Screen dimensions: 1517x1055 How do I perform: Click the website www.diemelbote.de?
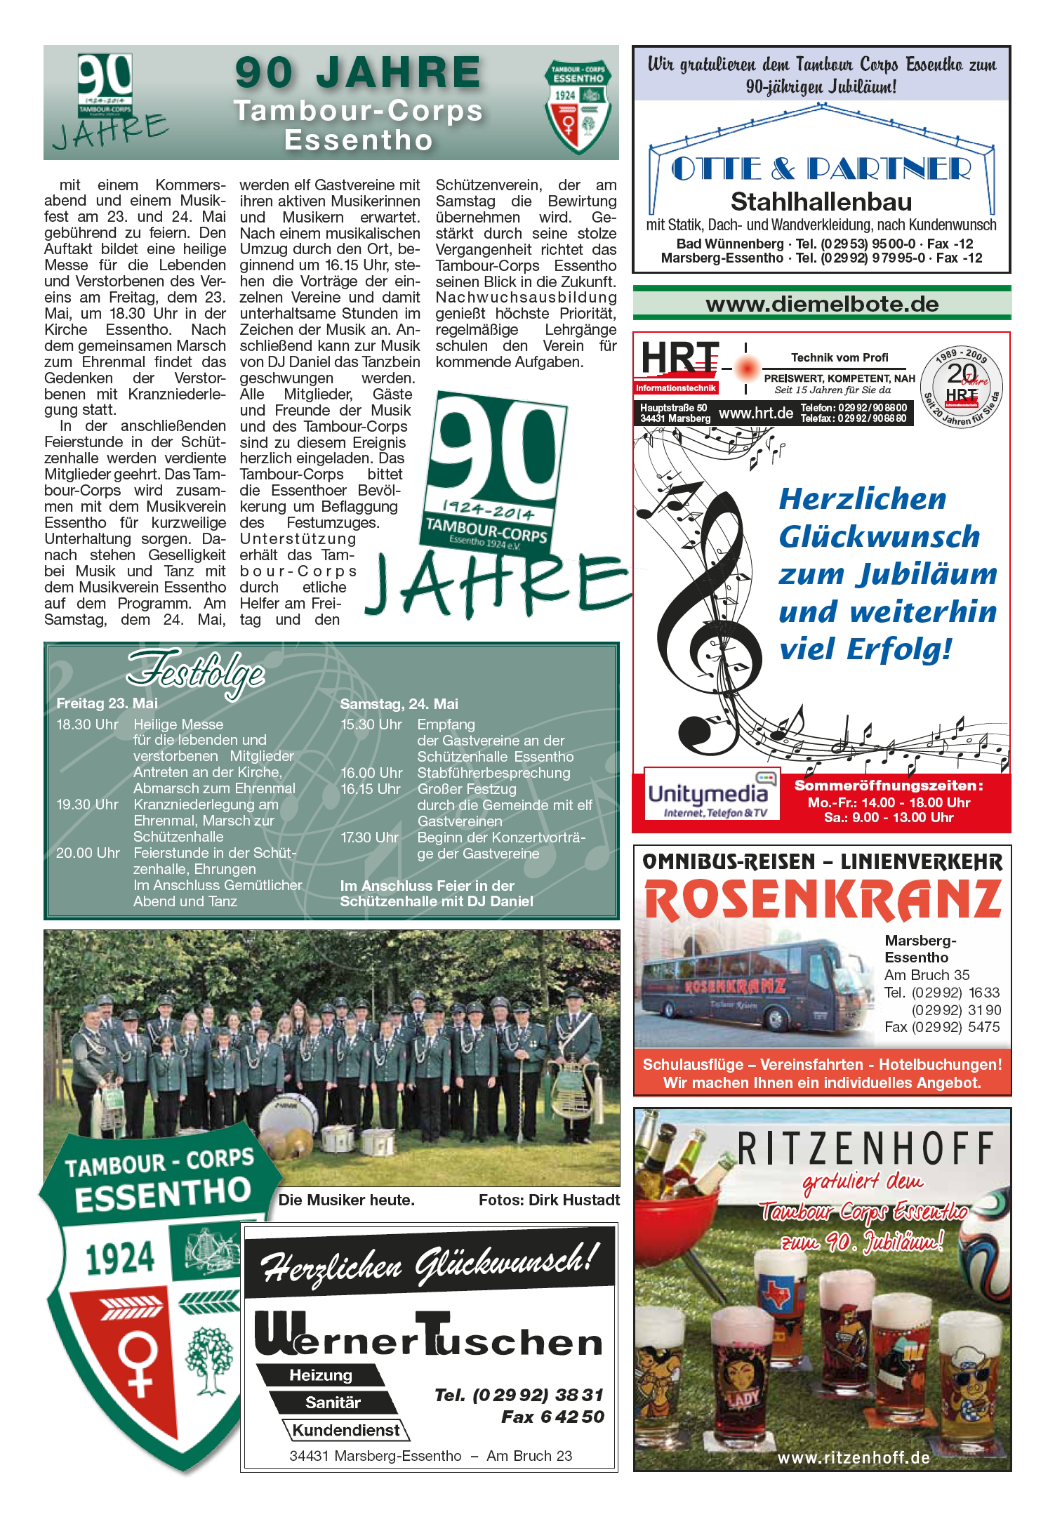click(822, 305)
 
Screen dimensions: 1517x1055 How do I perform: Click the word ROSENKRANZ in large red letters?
click(822, 900)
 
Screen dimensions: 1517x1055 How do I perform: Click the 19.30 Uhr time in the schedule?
click(87, 804)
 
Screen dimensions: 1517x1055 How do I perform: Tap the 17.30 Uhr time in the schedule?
click(369, 837)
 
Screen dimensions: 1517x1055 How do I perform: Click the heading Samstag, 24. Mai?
click(399, 703)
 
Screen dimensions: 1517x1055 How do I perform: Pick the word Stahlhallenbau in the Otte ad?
click(821, 202)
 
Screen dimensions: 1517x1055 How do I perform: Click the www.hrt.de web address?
click(755, 413)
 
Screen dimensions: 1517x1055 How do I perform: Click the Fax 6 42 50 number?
click(552, 1417)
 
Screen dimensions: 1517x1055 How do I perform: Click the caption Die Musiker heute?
click(347, 1200)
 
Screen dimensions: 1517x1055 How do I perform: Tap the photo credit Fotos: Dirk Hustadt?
click(549, 1200)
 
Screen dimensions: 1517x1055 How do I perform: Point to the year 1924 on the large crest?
click(119, 1258)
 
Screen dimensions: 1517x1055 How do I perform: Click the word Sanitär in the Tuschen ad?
click(333, 1403)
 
